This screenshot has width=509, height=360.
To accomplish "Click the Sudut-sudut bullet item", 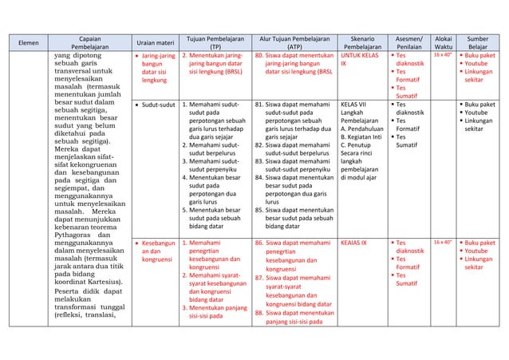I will (157, 105).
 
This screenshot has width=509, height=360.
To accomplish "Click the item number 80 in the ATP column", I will (259, 56).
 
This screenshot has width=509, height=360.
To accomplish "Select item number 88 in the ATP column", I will (259, 314).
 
